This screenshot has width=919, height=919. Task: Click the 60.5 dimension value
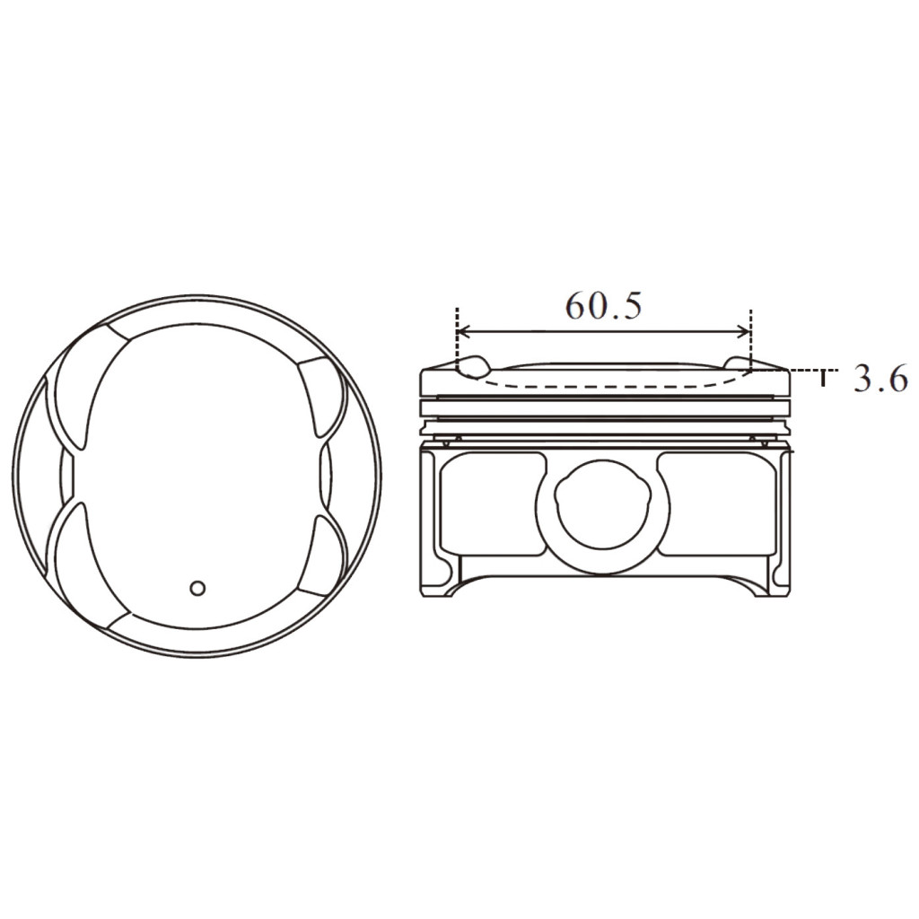[603, 307]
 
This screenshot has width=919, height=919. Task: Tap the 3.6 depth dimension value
[880, 379]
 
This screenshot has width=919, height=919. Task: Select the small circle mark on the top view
[198, 588]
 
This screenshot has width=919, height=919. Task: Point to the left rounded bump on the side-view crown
[473, 365]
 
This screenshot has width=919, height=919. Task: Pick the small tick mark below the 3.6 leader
[822, 380]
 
